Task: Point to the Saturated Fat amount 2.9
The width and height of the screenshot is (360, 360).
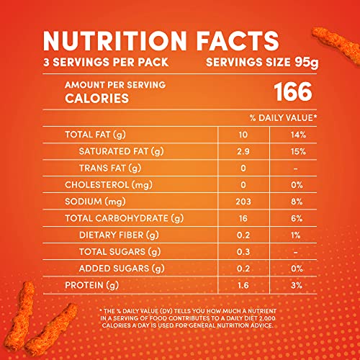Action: coord(243,151)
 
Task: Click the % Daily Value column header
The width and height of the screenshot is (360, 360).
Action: coord(284,116)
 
